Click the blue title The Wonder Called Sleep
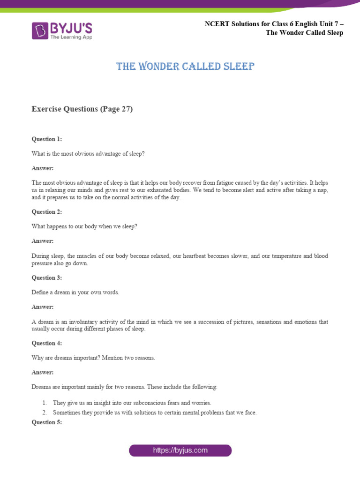[x=185, y=67]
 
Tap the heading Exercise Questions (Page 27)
[x=82, y=109]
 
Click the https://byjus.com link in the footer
[x=180, y=451]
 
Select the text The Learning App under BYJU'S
[x=71, y=36]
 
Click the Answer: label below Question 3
[x=43, y=307]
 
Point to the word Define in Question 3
[x=40, y=292]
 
